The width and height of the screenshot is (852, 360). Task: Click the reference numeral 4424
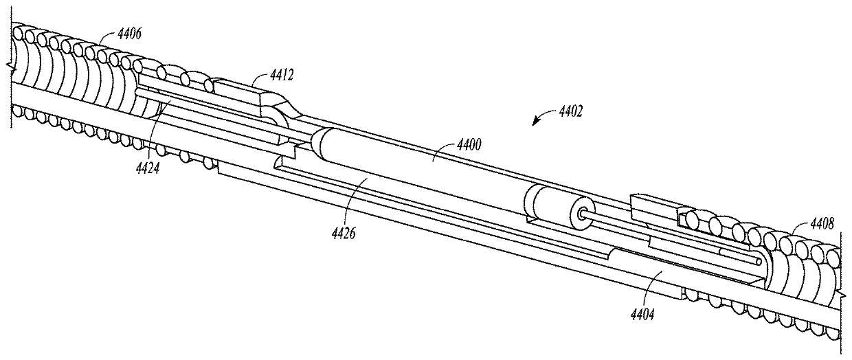[x=147, y=165]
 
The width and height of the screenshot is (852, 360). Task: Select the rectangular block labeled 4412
[x=237, y=93]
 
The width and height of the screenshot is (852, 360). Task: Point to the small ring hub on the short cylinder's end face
[x=583, y=214]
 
